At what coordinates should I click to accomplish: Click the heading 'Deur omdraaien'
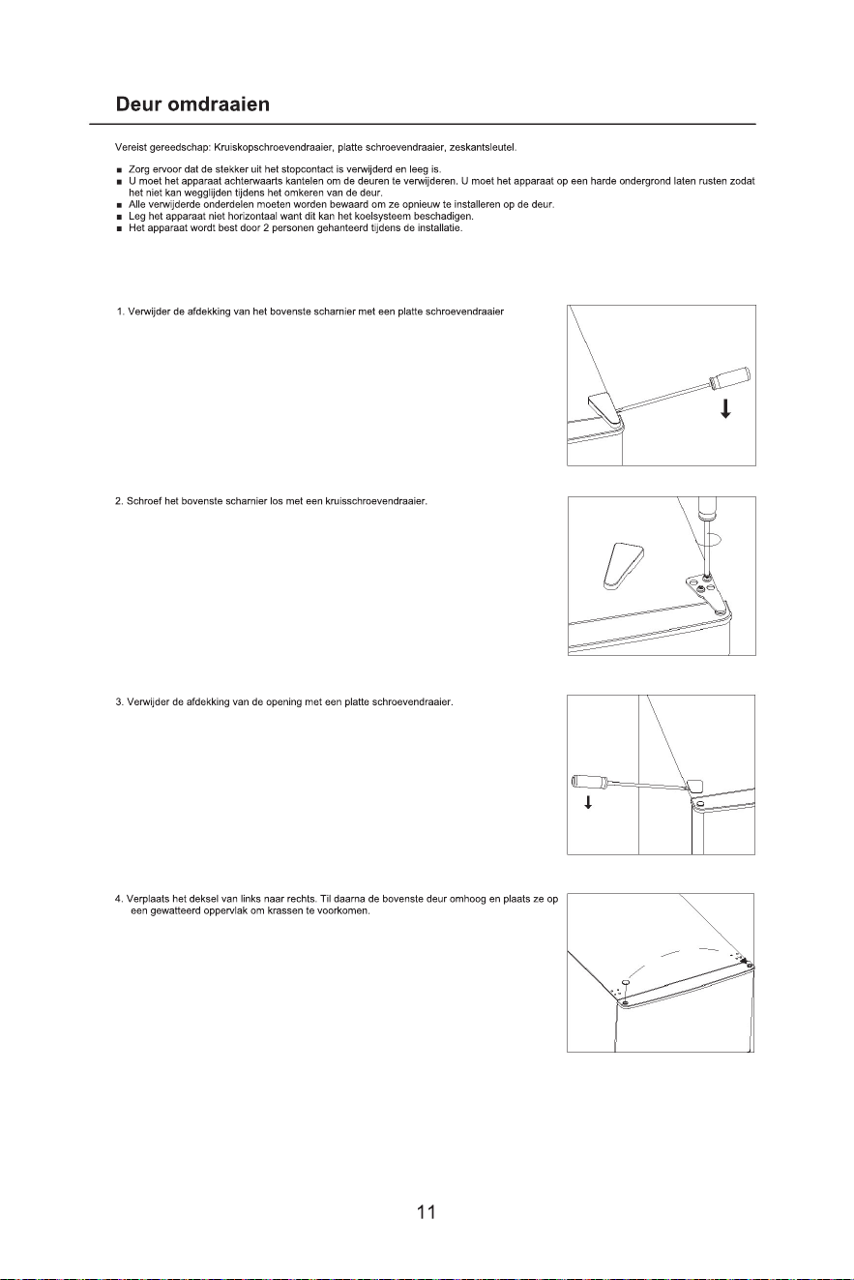(x=192, y=104)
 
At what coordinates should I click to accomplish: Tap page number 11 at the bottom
(x=427, y=1211)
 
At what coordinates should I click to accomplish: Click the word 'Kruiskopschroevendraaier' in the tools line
(x=274, y=148)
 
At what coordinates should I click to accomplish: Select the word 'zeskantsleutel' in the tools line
(x=484, y=148)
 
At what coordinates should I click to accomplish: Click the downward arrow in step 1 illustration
(x=725, y=408)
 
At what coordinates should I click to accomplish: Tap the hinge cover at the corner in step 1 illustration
(x=606, y=410)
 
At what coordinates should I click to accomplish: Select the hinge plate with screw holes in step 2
(x=708, y=598)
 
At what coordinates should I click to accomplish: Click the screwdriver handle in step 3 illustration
(x=588, y=781)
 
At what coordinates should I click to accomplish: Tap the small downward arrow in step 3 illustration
(x=588, y=802)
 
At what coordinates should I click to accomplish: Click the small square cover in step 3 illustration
(x=696, y=786)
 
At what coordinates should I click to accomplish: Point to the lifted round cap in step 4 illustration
(x=626, y=982)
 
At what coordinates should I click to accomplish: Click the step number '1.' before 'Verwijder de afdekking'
(x=121, y=312)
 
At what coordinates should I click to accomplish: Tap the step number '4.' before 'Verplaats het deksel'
(x=119, y=899)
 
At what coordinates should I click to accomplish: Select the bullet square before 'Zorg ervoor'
(x=119, y=170)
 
